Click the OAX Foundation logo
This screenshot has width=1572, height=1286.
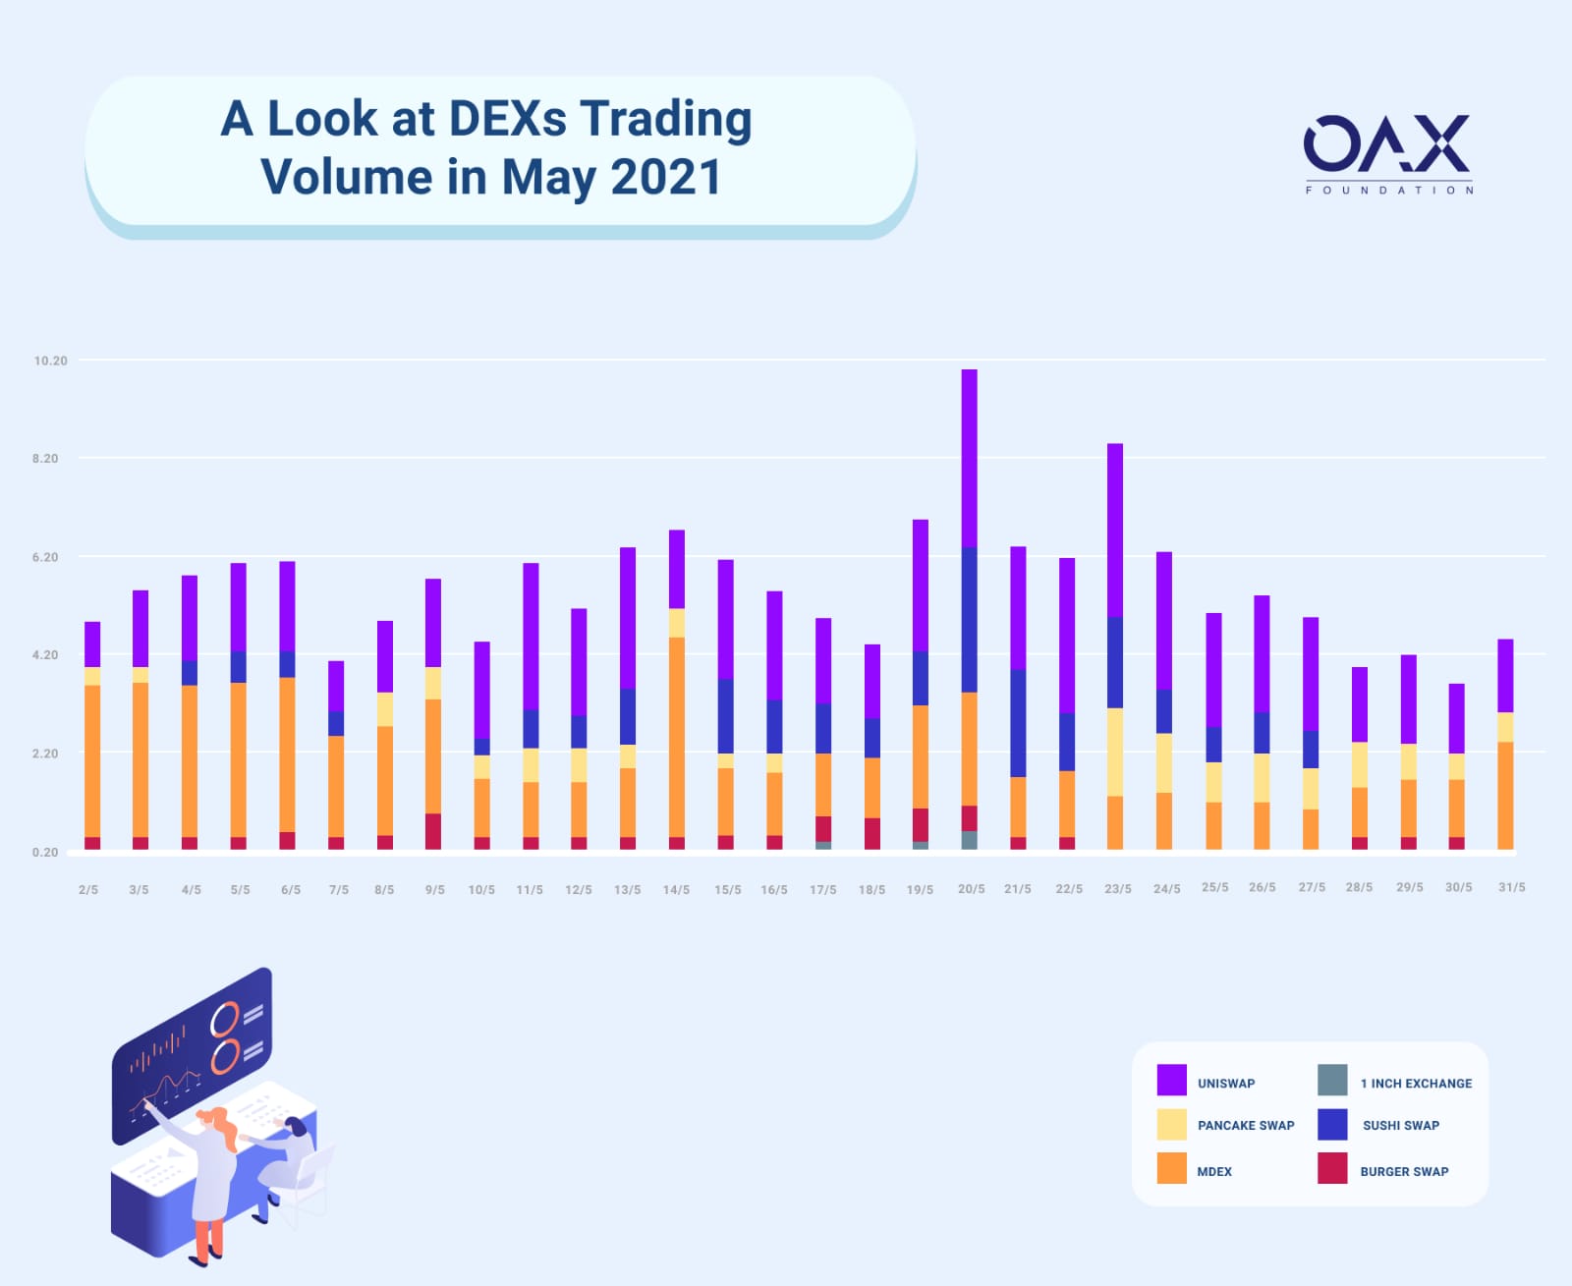click(1388, 154)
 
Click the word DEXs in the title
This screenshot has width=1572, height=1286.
click(508, 119)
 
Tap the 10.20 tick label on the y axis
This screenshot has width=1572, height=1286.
click(51, 361)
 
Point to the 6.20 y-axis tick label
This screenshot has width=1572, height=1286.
click(45, 557)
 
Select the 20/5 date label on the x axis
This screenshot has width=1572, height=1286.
click(972, 889)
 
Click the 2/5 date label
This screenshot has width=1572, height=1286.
click(88, 889)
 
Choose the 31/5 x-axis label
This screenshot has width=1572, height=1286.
click(1512, 887)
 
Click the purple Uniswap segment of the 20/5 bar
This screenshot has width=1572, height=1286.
click(969, 459)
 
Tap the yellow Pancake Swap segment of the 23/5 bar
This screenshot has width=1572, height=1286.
click(1115, 753)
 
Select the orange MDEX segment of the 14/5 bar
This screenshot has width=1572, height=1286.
click(677, 737)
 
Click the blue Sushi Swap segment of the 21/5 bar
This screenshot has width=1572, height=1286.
click(1018, 723)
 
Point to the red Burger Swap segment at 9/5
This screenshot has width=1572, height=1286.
click(433, 831)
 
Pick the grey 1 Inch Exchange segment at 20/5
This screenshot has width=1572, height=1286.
click(969, 840)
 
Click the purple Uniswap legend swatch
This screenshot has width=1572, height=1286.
click(1172, 1081)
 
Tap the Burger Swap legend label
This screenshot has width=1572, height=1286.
click(1404, 1171)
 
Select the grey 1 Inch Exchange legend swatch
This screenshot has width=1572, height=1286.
click(1332, 1081)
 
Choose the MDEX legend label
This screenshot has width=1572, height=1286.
click(1214, 1171)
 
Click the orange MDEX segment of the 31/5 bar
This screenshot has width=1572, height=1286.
click(1505, 796)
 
